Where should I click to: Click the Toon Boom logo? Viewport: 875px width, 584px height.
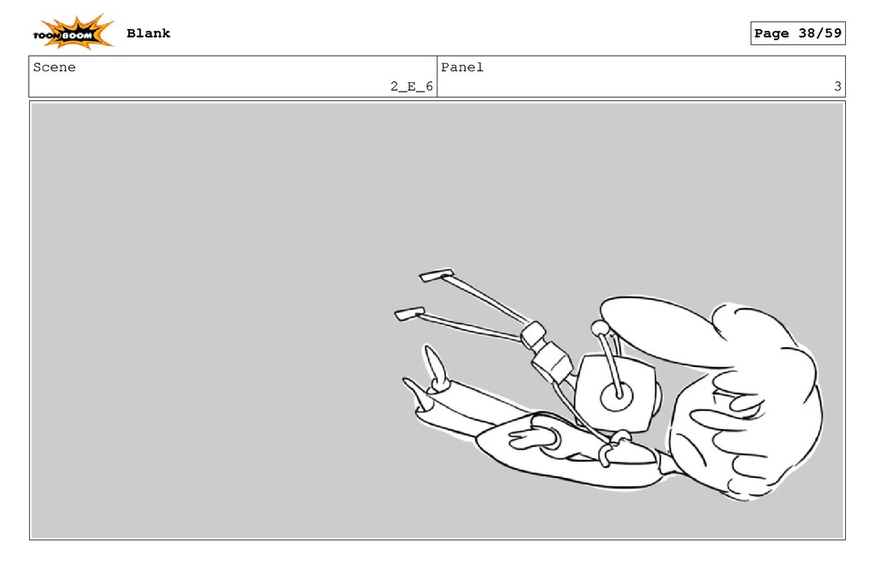[73, 32]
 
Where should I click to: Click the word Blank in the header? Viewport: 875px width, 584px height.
[149, 33]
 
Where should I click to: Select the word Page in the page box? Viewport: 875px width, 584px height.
[772, 33]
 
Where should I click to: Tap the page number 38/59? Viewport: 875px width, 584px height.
[819, 33]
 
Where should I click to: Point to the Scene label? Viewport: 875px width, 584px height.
[54, 68]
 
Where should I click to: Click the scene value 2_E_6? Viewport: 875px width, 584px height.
[411, 86]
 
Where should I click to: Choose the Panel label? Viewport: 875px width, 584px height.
[462, 68]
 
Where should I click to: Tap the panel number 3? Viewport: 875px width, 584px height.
[837, 86]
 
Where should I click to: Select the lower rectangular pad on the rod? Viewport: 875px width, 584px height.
[409, 314]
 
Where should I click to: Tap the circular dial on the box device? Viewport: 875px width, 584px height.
[617, 397]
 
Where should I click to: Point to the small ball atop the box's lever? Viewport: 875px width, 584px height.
[599, 327]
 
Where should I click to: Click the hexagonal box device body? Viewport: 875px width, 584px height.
[615, 393]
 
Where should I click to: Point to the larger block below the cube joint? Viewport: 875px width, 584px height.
[552, 361]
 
